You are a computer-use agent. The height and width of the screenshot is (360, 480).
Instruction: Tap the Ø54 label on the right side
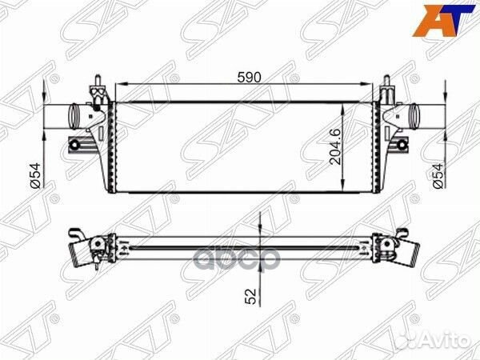coord(438,174)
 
